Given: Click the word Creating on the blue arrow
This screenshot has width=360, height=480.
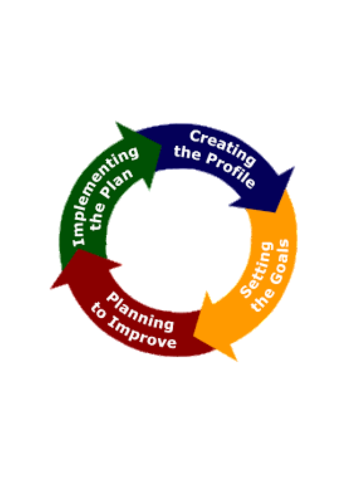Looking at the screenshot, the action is click(223, 148).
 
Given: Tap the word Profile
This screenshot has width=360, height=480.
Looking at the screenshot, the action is click(231, 170).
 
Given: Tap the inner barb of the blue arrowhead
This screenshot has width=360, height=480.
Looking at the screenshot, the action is click(229, 206).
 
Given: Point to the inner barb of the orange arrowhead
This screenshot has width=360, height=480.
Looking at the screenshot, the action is click(206, 292).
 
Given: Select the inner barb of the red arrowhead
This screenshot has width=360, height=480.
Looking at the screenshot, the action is click(122, 264).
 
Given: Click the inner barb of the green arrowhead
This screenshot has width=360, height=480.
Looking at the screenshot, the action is click(149, 190).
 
